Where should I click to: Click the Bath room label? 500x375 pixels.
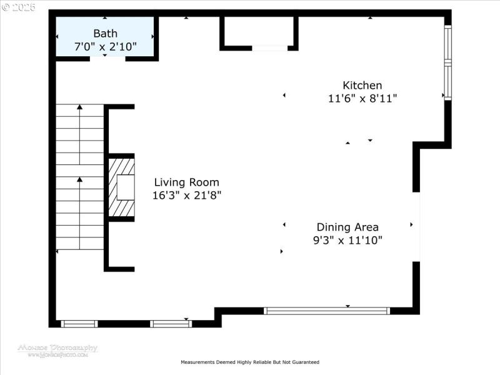click(x=105, y=33)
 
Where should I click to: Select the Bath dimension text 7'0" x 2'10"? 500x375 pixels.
click(x=105, y=46)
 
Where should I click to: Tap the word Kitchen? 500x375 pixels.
click(x=362, y=86)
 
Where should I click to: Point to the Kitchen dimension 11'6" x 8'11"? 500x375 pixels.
click(x=362, y=98)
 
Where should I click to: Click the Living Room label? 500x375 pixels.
click(x=187, y=182)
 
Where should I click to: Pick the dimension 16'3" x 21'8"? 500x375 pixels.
click(x=187, y=195)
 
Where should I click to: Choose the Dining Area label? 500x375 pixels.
click(x=347, y=227)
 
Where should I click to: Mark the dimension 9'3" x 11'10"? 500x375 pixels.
click(x=347, y=240)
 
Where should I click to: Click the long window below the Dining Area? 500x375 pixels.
click(x=327, y=311)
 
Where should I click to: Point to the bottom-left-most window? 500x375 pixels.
click(x=79, y=324)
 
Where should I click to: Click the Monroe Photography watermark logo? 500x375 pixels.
click(x=57, y=350)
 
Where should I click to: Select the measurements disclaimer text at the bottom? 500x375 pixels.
click(x=250, y=362)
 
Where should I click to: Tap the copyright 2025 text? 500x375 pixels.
click(x=19, y=7)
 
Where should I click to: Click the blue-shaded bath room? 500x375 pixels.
click(x=105, y=37)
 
